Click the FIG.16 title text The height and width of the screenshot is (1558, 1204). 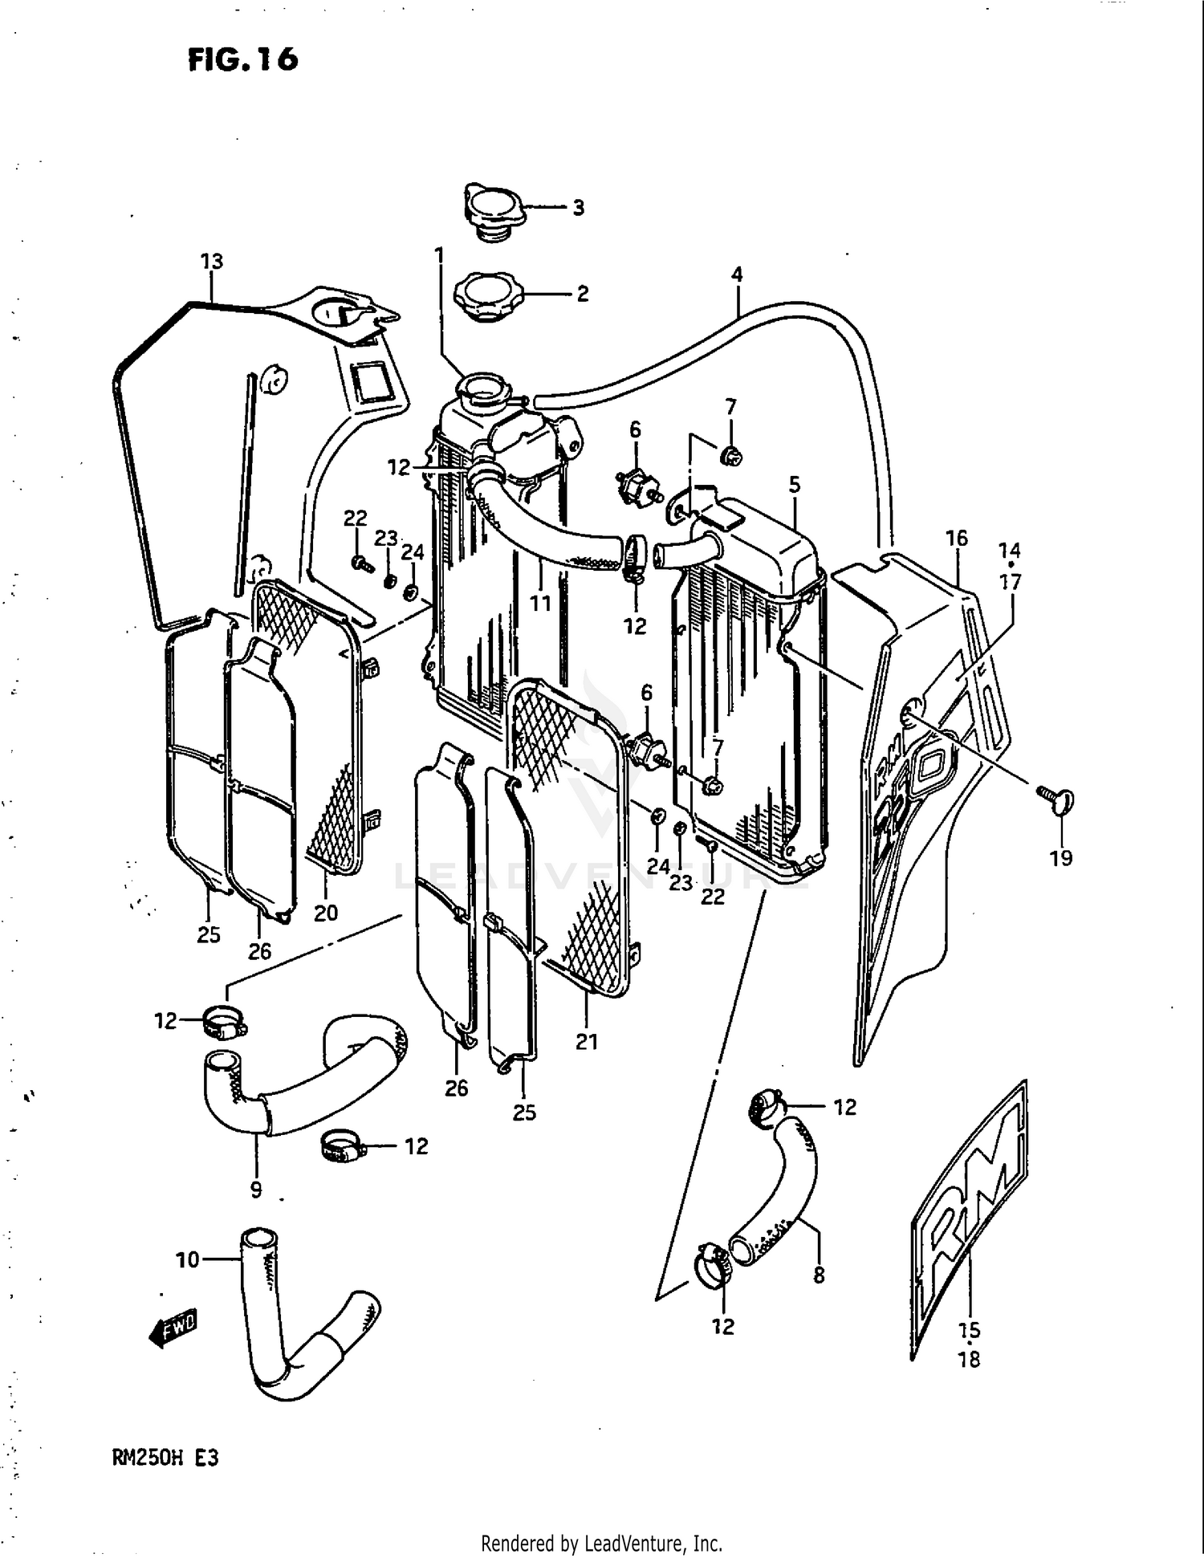242,59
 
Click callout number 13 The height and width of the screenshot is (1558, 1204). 211,262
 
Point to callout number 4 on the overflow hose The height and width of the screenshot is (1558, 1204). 736,275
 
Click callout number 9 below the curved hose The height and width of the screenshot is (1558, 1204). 255,1189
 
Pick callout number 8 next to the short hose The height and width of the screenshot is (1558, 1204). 818,1274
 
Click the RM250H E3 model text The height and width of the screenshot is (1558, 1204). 165,1457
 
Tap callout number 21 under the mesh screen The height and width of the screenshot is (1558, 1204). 587,1041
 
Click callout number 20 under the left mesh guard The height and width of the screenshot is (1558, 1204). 325,913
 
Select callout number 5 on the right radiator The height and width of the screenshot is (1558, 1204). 794,484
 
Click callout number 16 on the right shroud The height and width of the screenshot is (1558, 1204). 956,538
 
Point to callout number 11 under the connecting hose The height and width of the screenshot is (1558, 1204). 540,601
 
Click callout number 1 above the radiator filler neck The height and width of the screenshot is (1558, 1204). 439,255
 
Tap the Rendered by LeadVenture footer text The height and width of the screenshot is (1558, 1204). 601,1543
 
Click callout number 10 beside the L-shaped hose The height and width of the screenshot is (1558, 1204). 187,1260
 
